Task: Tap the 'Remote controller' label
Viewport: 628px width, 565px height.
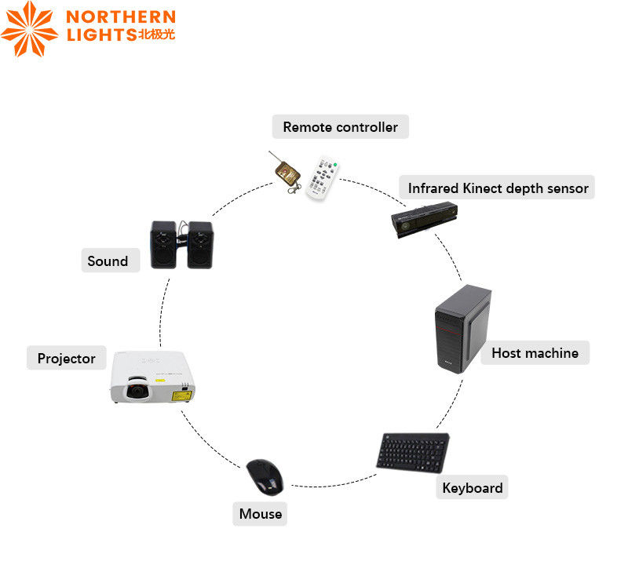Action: pyautogui.click(x=340, y=127)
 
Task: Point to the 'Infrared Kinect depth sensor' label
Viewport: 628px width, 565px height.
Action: pyautogui.click(x=498, y=188)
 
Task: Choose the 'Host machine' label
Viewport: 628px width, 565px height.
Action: pyautogui.click(x=535, y=353)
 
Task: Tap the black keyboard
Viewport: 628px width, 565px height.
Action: pyautogui.click(x=413, y=453)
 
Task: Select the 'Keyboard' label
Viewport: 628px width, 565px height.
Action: pyautogui.click(x=472, y=488)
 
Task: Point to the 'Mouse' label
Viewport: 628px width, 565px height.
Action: pyautogui.click(x=261, y=514)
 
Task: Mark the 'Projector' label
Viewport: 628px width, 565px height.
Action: pyautogui.click(x=66, y=359)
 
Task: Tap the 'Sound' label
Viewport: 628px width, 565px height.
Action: pyautogui.click(x=108, y=261)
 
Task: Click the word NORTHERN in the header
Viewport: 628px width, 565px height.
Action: pyautogui.click(x=121, y=16)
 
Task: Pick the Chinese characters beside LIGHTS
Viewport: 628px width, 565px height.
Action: pyautogui.click(x=155, y=36)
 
